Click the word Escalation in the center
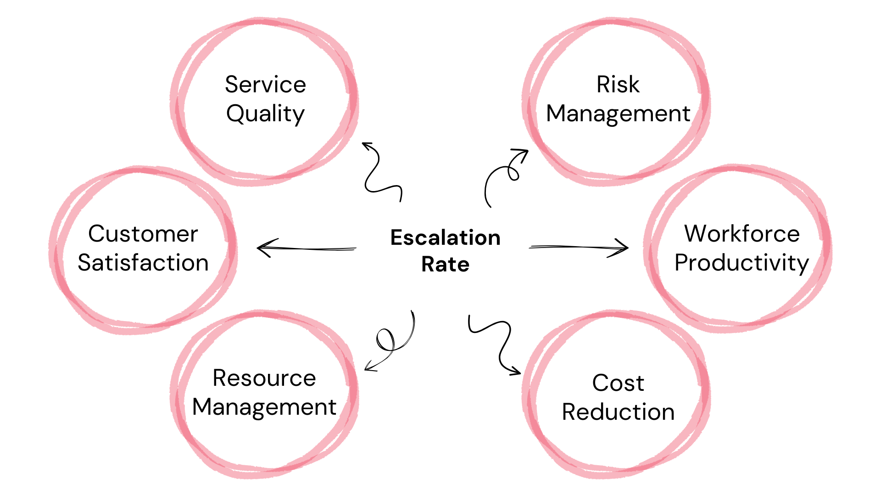coord(445,238)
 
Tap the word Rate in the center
coord(445,265)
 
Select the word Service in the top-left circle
coord(265,85)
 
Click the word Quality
coord(265,113)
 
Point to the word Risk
coord(618,85)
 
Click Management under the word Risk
coord(618,113)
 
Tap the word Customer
coord(143,234)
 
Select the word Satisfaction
coord(143,263)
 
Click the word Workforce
coord(742,234)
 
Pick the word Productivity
coord(742,263)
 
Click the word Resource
coord(264,378)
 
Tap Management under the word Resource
coord(264,407)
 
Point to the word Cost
coord(618,383)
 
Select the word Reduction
coord(618,412)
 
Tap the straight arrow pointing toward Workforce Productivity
coord(578,248)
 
